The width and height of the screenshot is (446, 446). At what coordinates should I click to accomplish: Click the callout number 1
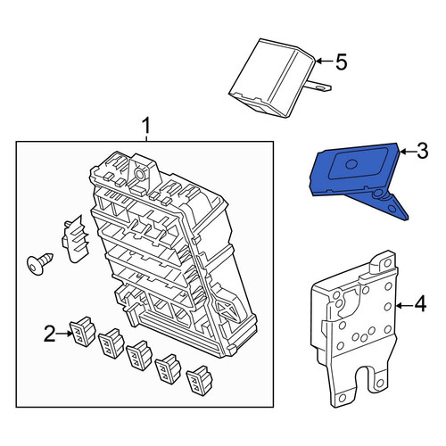click(146, 126)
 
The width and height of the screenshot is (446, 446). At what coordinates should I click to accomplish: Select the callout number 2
click(50, 334)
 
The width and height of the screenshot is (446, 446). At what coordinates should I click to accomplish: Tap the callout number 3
click(422, 151)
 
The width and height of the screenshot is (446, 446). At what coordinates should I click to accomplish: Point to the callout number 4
click(420, 305)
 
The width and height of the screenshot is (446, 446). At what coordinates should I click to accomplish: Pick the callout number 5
click(342, 62)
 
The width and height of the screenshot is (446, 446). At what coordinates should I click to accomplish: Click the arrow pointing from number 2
click(64, 334)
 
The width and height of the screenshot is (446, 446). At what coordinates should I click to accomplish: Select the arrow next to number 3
click(408, 152)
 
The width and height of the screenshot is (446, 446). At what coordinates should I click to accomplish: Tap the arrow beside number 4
click(405, 305)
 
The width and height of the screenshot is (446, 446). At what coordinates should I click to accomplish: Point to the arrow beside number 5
click(325, 62)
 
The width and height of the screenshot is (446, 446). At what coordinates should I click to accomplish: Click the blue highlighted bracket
click(357, 178)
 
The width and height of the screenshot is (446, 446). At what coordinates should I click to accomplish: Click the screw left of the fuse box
click(39, 262)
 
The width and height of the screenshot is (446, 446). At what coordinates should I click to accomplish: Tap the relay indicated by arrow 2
click(83, 332)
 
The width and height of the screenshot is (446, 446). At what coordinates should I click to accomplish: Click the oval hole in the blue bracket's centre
click(351, 164)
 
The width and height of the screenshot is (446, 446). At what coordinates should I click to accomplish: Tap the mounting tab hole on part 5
click(321, 87)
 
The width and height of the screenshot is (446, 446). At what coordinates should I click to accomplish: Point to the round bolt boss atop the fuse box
click(139, 173)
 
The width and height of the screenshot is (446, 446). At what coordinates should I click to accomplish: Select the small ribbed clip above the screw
click(75, 239)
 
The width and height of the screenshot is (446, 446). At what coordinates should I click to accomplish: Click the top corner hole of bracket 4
click(387, 262)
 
